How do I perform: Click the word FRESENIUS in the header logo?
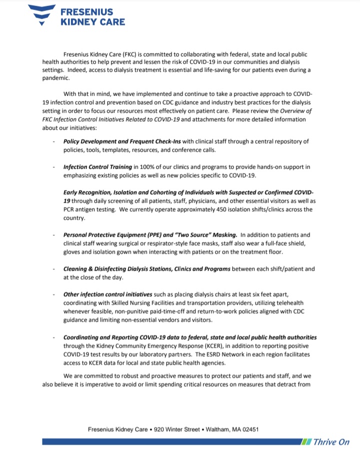pos(86,12)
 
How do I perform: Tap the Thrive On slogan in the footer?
pos(331,442)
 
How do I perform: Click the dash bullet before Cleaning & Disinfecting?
pos(53,269)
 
